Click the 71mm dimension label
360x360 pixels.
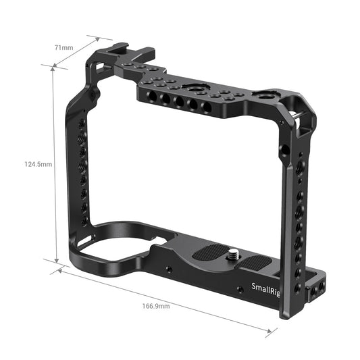64,48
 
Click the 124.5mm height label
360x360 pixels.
38,164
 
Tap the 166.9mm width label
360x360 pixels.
156,307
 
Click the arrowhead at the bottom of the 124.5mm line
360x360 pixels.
54,260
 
